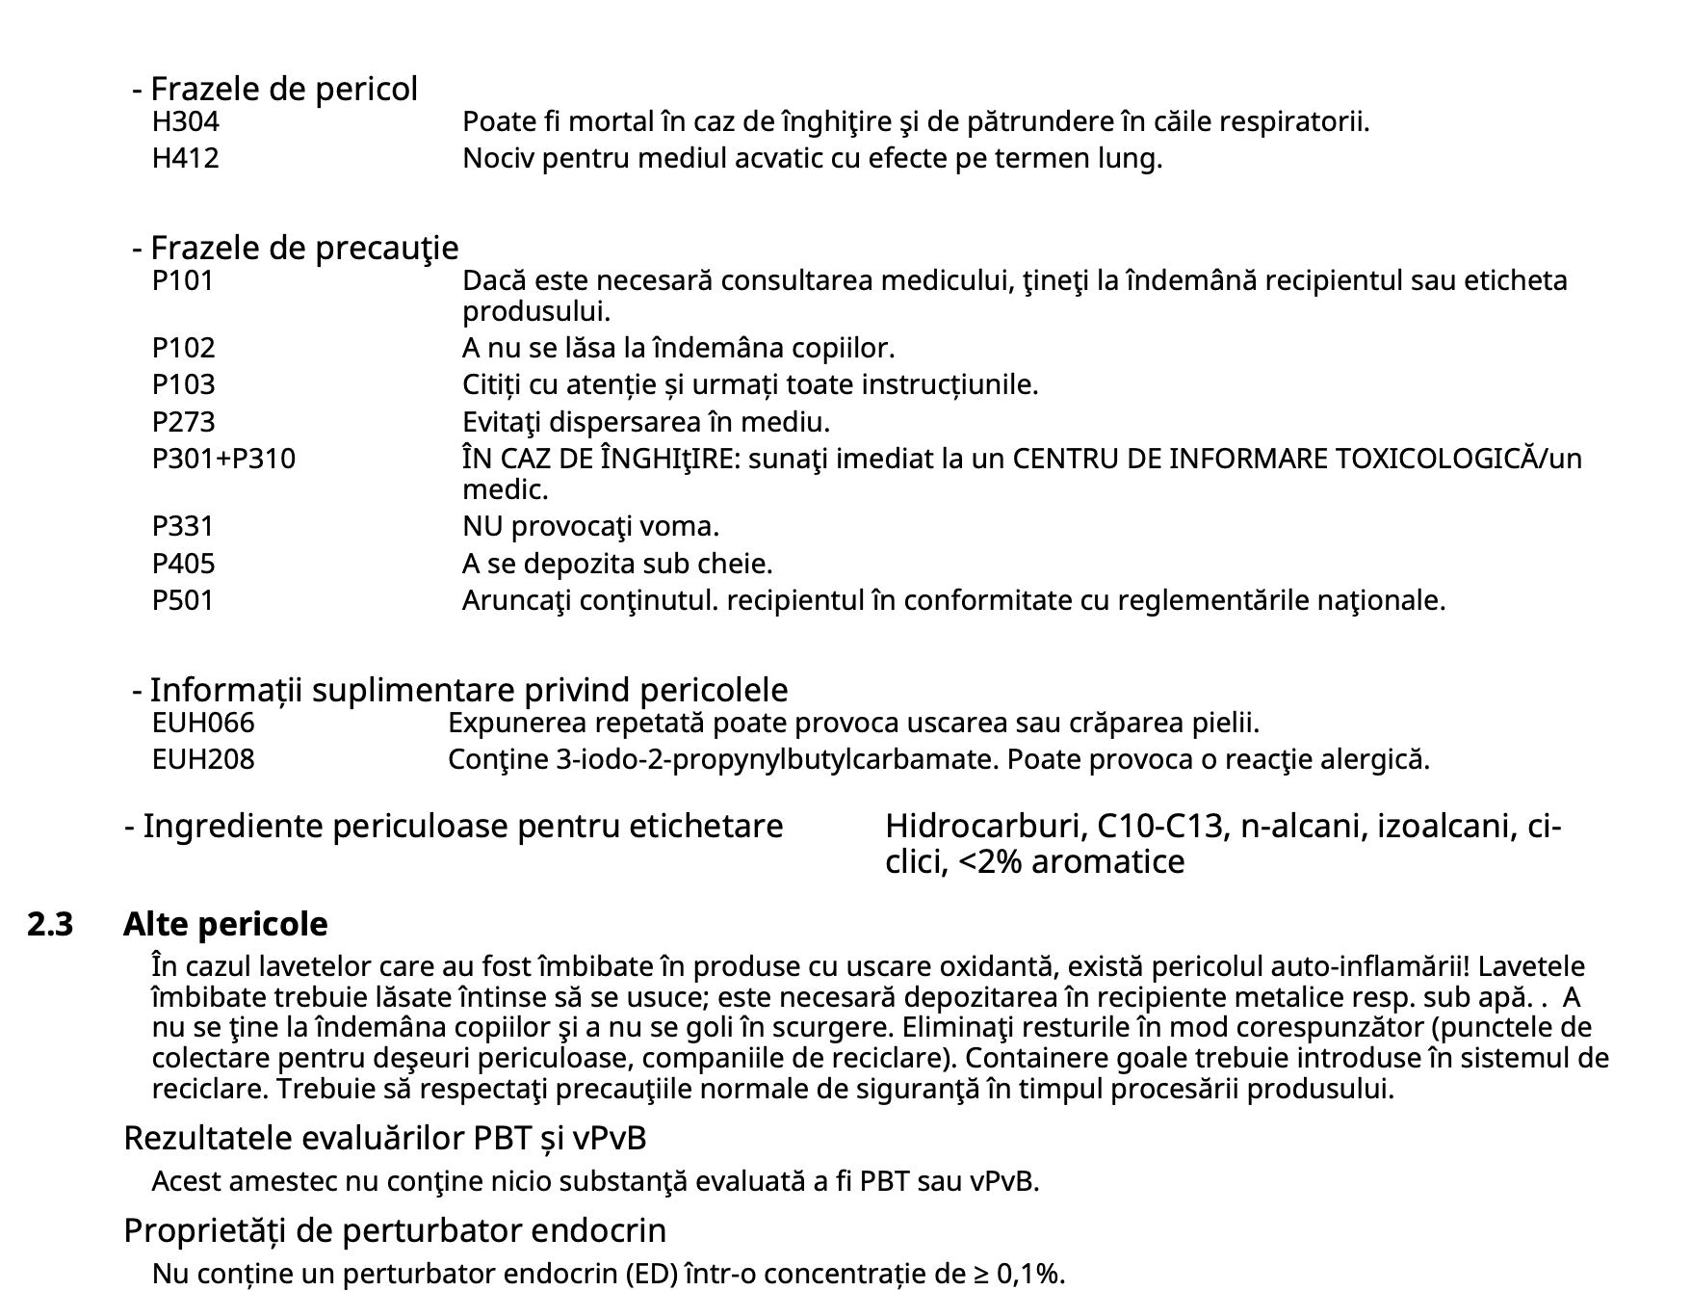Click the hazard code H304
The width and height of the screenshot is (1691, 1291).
click(x=185, y=122)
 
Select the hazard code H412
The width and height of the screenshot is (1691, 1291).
click(x=185, y=158)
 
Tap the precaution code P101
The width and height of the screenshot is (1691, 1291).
click(x=182, y=281)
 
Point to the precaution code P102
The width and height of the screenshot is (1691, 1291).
click(x=183, y=348)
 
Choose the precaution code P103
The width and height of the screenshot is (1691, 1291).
click(x=183, y=384)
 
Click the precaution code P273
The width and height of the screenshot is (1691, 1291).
click(x=183, y=422)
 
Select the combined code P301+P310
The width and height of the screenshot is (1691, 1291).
click(x=223, y=459)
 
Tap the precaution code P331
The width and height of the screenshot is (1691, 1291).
click(x=182, y=527)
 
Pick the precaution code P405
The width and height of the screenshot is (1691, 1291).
click(x=183, y=564)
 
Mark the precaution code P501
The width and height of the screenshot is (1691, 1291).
click(x=182, y=600)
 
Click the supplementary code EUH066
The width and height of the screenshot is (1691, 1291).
click(x=203, y=723)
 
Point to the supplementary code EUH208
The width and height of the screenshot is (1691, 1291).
click(x=203, y=759)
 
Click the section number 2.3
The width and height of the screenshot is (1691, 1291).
click(x=50, y=925)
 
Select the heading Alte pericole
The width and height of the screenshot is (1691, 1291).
click(x=225, y=925)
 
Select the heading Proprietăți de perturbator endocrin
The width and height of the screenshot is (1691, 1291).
click(x=395, y=1231)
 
